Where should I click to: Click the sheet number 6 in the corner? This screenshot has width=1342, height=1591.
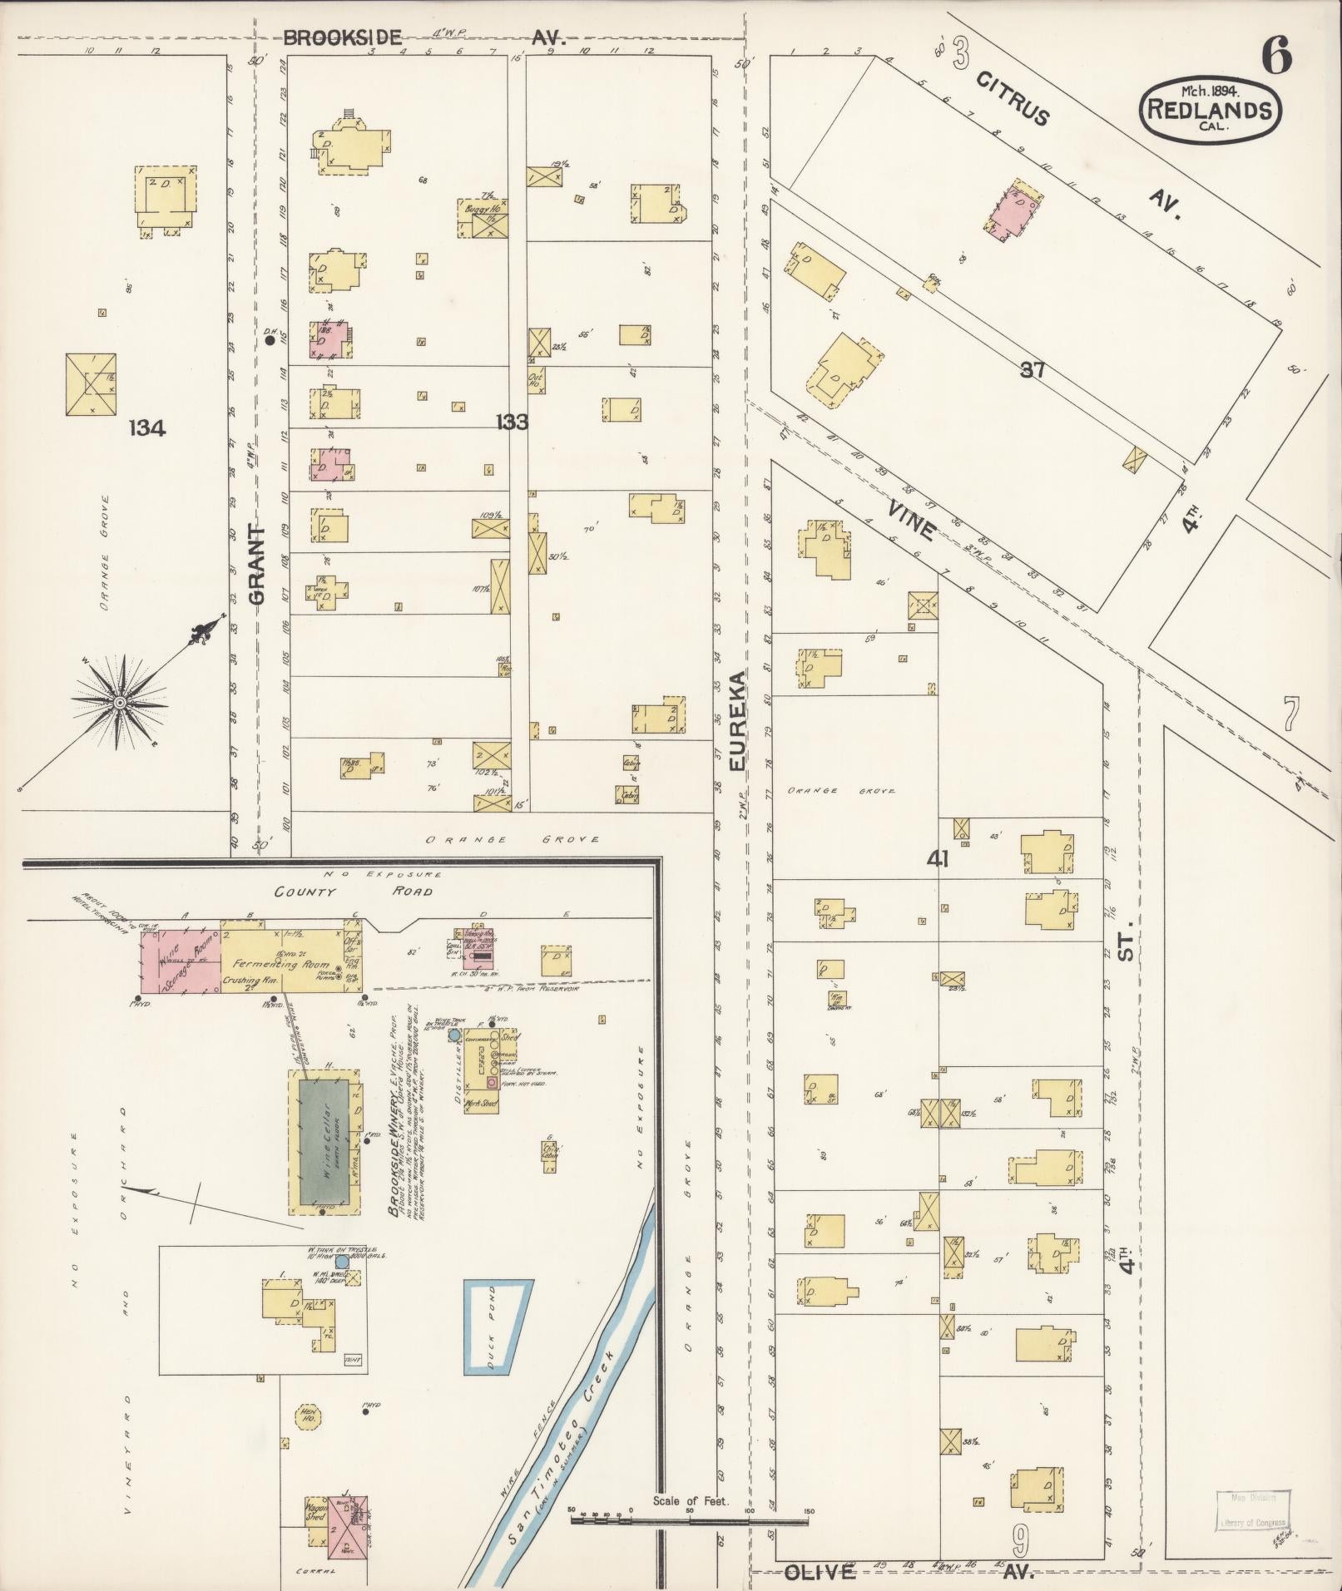tap(1276, 56)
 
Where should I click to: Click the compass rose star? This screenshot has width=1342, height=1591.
tap(120, 704)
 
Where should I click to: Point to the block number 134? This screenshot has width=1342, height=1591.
tap(147, 428)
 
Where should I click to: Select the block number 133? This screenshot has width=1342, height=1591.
tap(512, 422)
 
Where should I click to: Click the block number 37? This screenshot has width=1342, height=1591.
tap(1032, 370)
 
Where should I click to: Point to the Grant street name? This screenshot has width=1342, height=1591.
tap(257, 565)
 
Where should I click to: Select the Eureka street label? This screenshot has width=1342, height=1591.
tap(740, 723)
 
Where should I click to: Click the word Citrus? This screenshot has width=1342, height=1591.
tap(1012, 98)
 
